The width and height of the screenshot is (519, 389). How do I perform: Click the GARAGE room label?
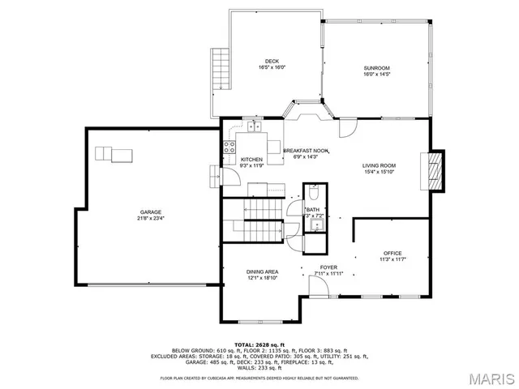[x=151, y=212]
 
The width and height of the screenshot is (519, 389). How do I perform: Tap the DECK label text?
[x=272, y=62]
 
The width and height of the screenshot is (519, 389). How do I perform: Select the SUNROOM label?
[x=376, y=67]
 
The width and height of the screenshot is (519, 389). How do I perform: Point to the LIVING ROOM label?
[x=379, y=165]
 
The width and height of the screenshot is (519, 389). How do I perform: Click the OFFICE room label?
[x=392, y=253]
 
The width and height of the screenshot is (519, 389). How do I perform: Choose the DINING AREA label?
[x=262, y=271]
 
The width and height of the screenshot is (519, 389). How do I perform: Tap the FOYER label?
[x=328, y=267]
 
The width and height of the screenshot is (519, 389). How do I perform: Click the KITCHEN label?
[x=251, y=159]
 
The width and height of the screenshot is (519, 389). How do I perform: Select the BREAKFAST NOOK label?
[x=306, y=151]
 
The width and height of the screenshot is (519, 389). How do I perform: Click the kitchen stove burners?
[x=230, y=147]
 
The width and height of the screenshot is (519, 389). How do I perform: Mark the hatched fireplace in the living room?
[x=436, y=170]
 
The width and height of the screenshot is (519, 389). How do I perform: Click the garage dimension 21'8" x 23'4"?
[x=151, y=219]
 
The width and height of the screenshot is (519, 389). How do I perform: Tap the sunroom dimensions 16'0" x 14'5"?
[x=376, y=74]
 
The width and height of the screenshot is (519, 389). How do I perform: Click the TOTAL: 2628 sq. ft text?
[x=259, y=344]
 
